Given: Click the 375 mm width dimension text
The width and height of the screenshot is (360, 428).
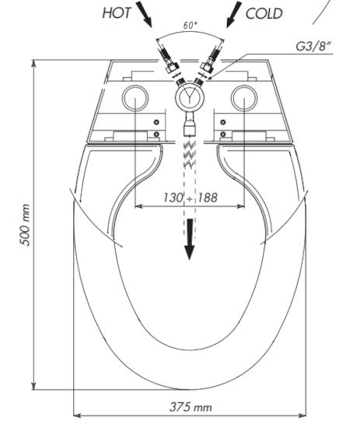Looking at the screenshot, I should pyautogui.click(x=190, y=406).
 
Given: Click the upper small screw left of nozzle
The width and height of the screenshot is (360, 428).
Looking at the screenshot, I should pyautogui.click(x=158, y=123).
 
